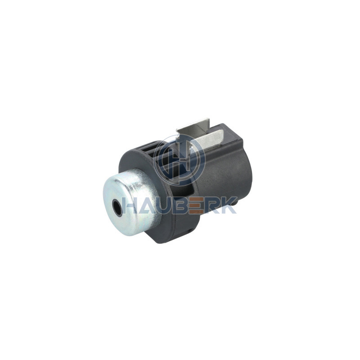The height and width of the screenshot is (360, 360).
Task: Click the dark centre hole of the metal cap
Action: coord(117,207)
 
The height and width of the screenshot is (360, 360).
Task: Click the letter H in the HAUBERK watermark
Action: coord(130,205)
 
